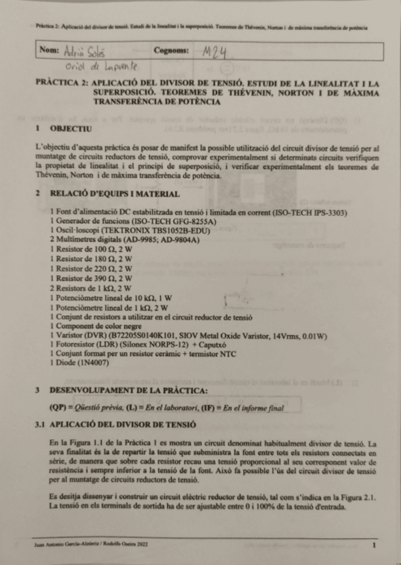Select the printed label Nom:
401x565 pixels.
pyautogui.click(x=49, y=51)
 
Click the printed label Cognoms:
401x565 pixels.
pyautogui.click(x=172, y=51)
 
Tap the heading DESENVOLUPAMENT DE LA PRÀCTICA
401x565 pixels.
pyautogui.click(x=129, y=389)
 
